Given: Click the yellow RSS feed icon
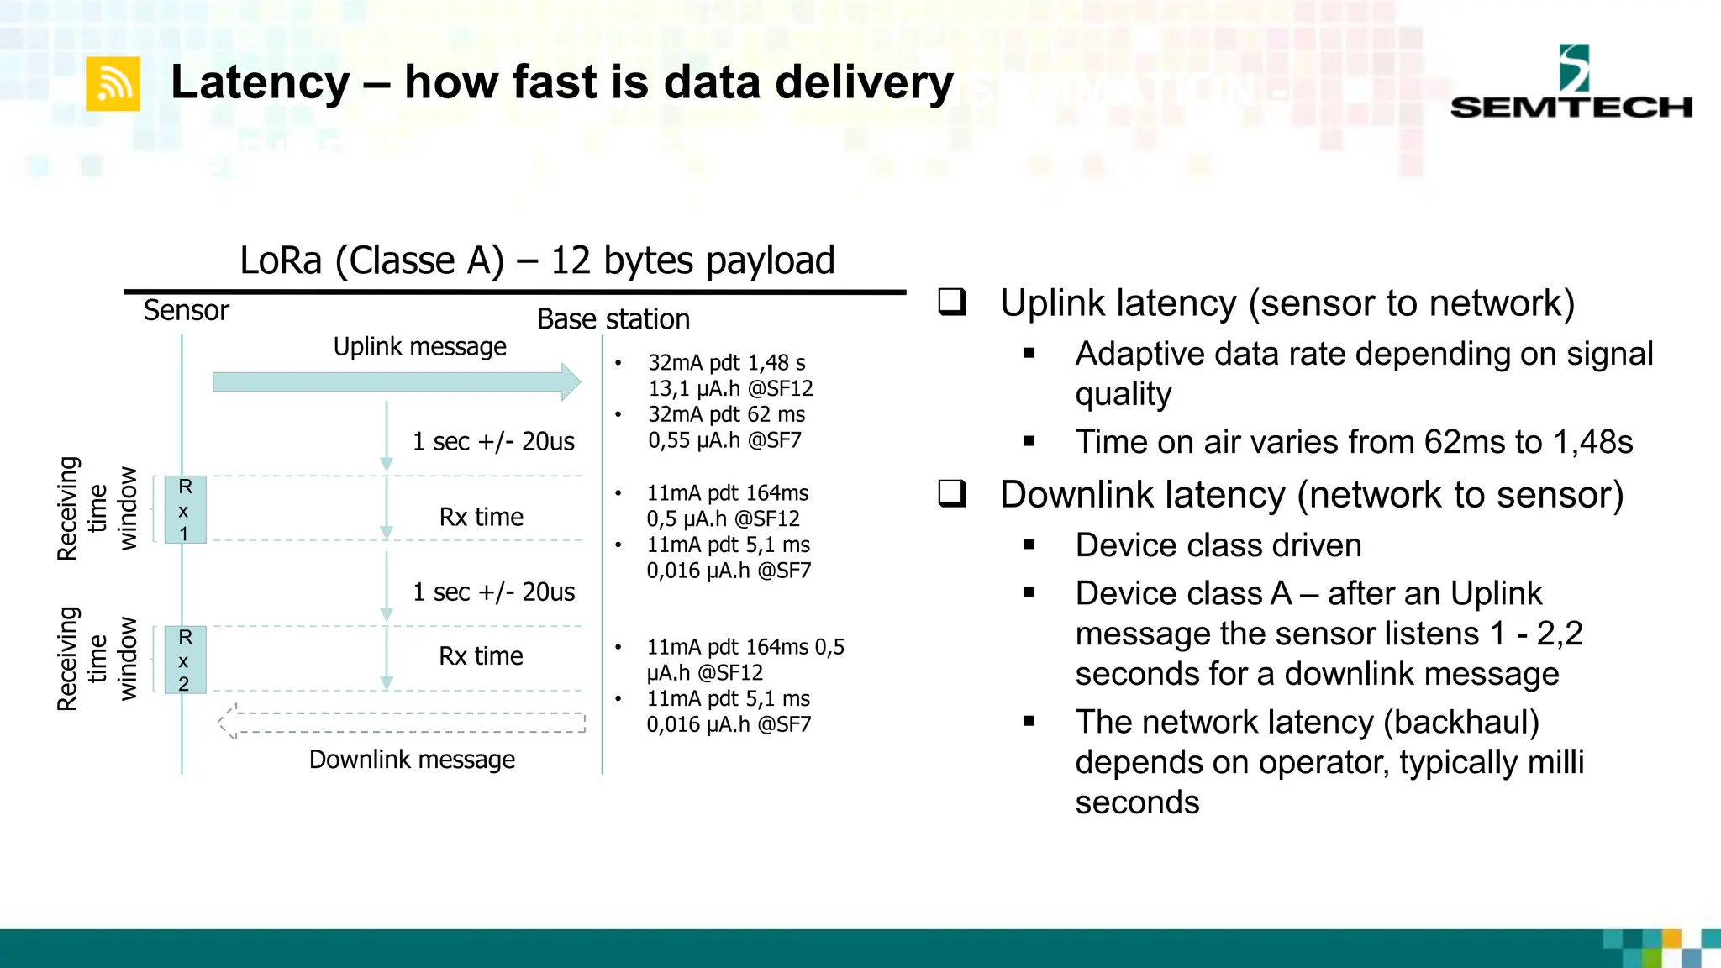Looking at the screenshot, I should [x=113, y=84].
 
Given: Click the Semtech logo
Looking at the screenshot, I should [x=1571, y=84].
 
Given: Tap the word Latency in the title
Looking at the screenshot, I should [x=261, y=82].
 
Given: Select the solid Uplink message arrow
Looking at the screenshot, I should [x=395, y=382].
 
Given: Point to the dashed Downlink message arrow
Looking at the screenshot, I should [x=402, y=722].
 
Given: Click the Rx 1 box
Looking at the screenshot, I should [x=185, y=509].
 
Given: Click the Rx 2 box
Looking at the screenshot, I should [x=185, y=660].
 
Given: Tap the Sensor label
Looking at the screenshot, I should [x=186, y=311].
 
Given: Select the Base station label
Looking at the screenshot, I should [x=613, y=319].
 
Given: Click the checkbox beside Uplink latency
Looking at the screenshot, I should [x=952, y=302].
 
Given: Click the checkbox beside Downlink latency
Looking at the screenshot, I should [x=952, y=493].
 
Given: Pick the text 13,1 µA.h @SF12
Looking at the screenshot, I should [x=730, y=389].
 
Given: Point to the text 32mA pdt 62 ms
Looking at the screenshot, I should [x=726, y=414].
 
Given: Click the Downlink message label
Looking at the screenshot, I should [x=412, y=760].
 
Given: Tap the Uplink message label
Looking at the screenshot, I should [x=419, y=346].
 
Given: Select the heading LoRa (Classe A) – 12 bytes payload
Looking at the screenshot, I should [x=537, y=260].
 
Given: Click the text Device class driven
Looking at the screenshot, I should [x=1218, y=545].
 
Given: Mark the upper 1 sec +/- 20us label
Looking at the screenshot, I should [x=493, y=441].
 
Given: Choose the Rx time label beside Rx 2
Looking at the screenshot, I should [x=481, y=655].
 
